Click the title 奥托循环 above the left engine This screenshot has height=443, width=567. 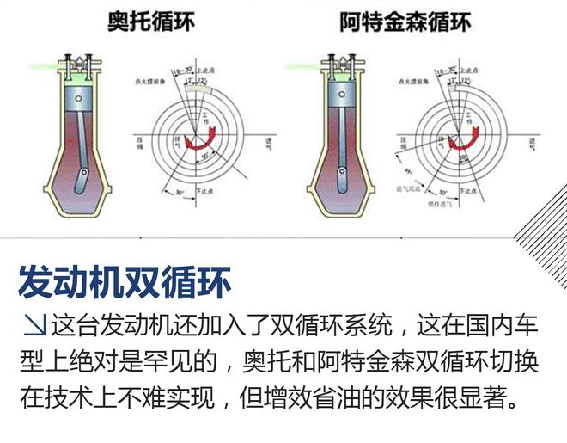pos(150,21)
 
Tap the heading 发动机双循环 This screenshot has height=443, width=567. pos(124,280)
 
